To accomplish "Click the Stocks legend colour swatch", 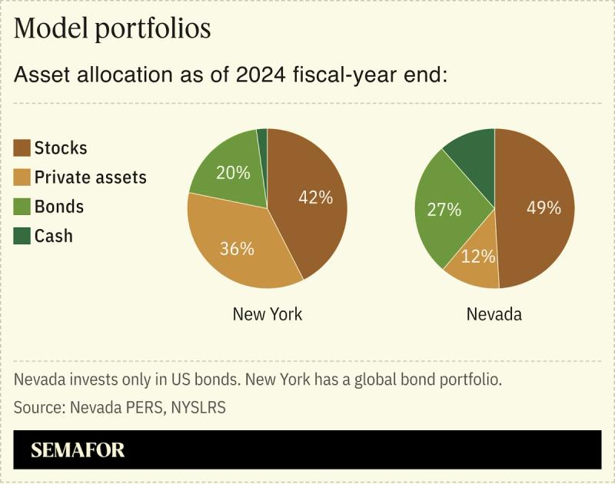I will pos(22,148).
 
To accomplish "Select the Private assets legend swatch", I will pos(22,177).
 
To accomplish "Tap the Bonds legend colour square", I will pos(22,207).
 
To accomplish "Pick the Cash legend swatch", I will pos(22,236).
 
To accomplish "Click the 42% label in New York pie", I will pos(315,197).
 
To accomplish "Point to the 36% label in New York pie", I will pos(236,248).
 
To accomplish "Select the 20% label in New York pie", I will pos(233,173).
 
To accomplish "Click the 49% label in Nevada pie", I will pos(544,207).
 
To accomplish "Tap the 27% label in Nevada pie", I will pos(444,209).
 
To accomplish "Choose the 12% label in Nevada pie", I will pos(478,257).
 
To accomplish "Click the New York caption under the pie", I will pos(268,314).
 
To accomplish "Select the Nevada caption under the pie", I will pos(494,314).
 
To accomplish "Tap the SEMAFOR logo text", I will pos(78,449).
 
